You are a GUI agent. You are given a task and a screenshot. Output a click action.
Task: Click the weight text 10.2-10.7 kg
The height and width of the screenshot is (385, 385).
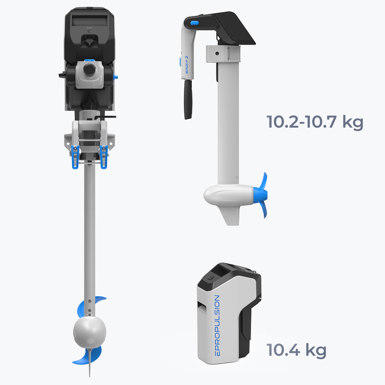(314, 122)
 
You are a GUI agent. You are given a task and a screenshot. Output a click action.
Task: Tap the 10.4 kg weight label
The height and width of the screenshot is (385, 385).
(296, 350)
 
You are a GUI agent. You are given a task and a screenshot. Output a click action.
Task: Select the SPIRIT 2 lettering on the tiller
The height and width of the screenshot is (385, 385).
(187, 65)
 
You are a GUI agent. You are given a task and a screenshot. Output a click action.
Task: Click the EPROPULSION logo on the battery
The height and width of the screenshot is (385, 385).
(217, 325)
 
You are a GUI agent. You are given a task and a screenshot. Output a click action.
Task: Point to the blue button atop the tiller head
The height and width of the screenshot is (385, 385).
(195, 23)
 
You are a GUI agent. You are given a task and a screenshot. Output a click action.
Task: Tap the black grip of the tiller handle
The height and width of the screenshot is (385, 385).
(188, 99)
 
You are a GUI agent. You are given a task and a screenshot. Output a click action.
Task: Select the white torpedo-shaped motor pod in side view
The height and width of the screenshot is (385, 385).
(229, 195)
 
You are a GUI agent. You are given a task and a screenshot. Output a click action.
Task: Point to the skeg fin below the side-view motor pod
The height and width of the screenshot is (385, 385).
(230, 216)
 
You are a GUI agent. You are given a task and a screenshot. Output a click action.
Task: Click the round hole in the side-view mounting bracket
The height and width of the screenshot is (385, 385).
(217, 53)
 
